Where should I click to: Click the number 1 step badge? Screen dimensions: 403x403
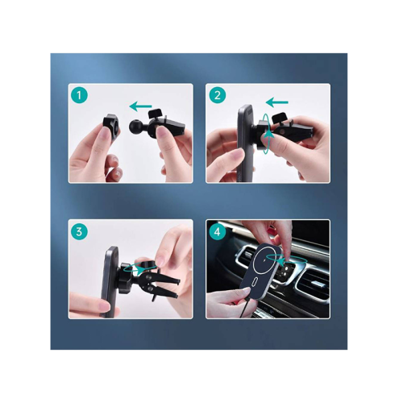(79, 95)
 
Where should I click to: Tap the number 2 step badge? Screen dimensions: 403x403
(218, 95)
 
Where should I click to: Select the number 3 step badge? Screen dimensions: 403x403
(79, 231)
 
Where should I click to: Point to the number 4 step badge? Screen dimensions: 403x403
(218, 231)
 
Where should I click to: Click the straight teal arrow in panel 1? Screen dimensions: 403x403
(140, 106)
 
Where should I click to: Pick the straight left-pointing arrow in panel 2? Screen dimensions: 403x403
(276, 102)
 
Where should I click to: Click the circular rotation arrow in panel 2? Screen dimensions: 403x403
(267, 134)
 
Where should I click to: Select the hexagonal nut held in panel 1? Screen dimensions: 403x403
(111, 124)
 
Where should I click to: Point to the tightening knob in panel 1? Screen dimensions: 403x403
(155, 112)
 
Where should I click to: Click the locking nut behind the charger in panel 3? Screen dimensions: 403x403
(126, 276)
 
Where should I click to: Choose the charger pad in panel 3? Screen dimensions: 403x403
(110, 282)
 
